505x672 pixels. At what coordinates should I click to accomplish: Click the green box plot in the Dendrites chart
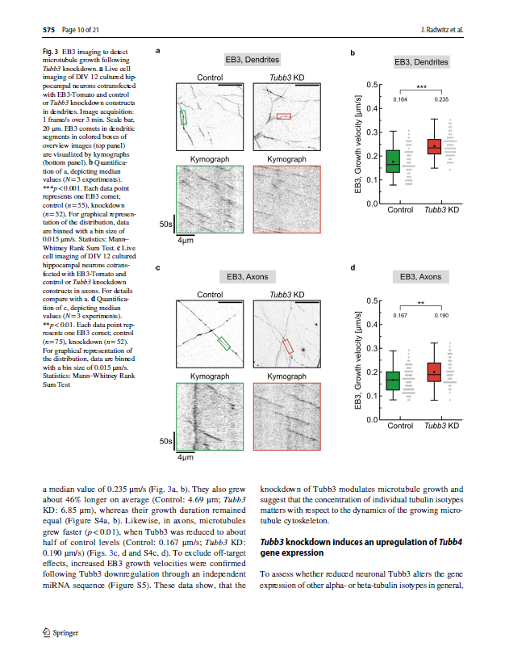click(393, 162)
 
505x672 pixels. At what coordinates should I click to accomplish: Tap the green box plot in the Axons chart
click(393, 378)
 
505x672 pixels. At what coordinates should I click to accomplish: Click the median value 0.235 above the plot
click(440, 99)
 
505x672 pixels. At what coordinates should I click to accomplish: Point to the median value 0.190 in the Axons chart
click(440, 315)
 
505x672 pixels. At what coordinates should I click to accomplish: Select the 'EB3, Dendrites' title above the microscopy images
click(252, 60)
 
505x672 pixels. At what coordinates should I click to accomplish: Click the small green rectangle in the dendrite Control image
click(183, 117)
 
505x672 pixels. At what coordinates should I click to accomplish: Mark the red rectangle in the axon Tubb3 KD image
click(286, 346)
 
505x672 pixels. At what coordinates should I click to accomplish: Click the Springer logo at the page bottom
click(59, 633)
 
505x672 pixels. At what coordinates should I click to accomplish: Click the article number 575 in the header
click(48, 31)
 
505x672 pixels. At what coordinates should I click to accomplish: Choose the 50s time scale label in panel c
click(165, 442)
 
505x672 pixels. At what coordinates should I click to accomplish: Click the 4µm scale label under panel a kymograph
click(186, 241)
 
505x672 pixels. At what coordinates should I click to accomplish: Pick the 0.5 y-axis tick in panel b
click(371, 84)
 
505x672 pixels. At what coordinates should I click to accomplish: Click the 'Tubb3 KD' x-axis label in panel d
click(440, 425)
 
